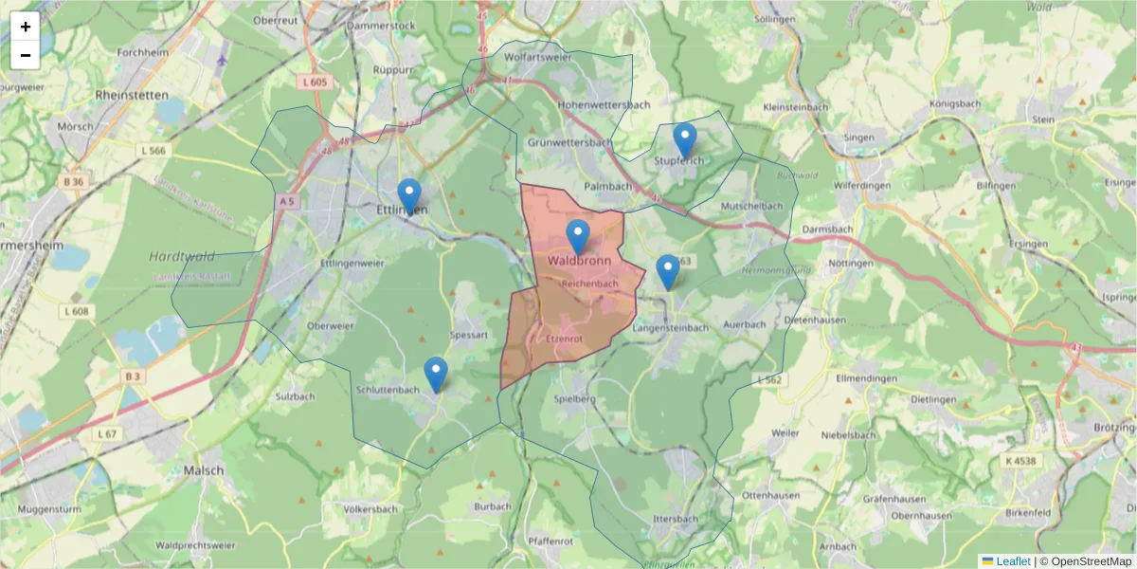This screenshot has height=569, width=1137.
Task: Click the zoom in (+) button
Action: [x=26, y=27]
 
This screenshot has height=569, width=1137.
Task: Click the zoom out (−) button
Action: [x=26, y=55]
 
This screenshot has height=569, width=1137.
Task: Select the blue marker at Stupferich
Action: [x=684, y=140]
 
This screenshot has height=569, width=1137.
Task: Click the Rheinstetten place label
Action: [x=132, y=95]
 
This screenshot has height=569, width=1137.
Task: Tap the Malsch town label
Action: [x=204, y=470]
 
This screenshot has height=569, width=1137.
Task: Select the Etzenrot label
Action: [x=565, y=338]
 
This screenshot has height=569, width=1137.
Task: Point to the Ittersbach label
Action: [x=676, y=520]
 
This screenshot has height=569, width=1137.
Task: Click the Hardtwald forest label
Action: [x=182, y=256]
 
